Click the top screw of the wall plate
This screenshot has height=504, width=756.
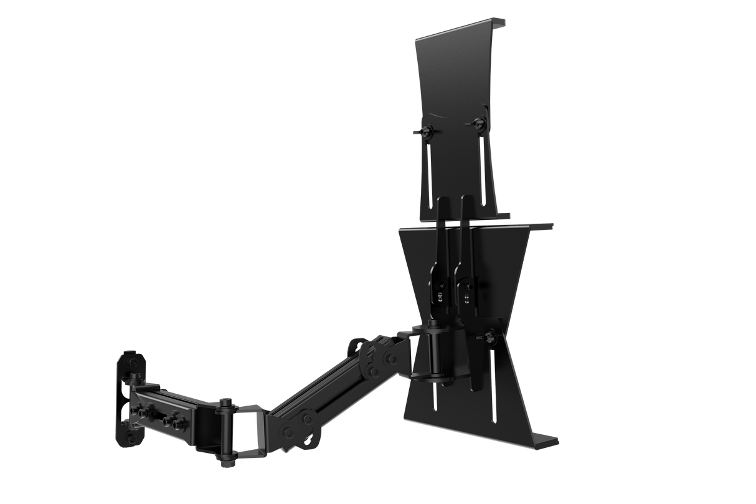click(133, 361)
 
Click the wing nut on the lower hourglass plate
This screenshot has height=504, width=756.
click(489, 336)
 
